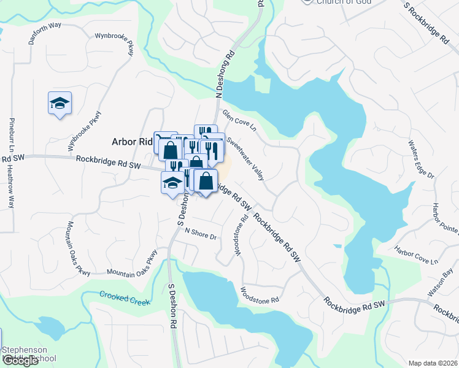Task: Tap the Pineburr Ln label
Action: click(x=11, y=138)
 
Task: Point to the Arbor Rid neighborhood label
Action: click(x=131, y=142)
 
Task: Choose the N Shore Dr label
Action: click(x=201, y=234)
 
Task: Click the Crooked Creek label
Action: click(x=125, y=298)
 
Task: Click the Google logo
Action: click(x=20, y=361)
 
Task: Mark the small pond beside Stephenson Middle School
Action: click(x=49, y=328)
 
